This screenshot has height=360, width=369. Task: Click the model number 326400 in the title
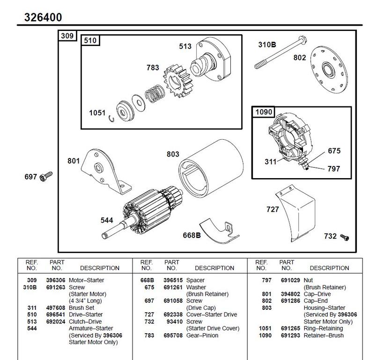pyautogui.click(x=43, y=17)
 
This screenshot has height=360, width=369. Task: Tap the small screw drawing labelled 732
pyautogui.click(x=346, y=237)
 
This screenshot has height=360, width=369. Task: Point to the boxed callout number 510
pyautogui.click(x=90, y=41)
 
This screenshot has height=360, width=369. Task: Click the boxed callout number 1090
pyautogui.click(x=264, y=112)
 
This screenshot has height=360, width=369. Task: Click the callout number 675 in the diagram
pyautogui.click(x=334, y=151)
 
